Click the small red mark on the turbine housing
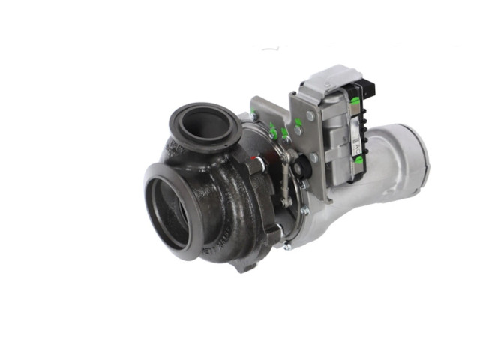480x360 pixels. pyautogui.click(x=257, y=158)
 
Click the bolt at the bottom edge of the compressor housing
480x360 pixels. pyautogui.click(x=286, y=244)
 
